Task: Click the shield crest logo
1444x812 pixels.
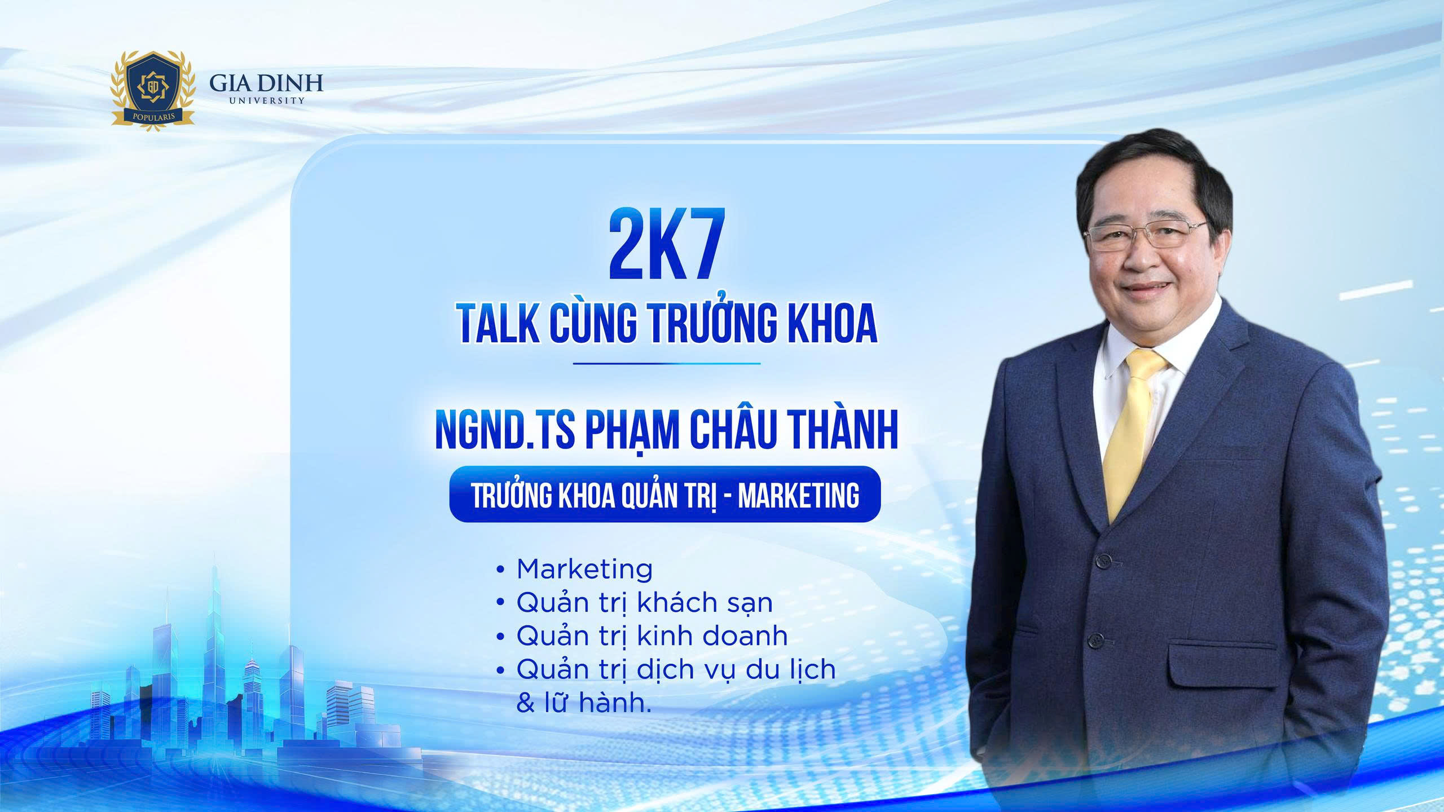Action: pyautogui.click(x=153, y=90)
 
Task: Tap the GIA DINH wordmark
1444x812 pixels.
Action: pyautogui.click(x=266, y=82)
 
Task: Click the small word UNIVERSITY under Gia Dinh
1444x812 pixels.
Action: pyautogui.click(x=267, y=100)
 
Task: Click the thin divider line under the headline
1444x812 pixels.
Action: pyautogui.click(x=667, y=363)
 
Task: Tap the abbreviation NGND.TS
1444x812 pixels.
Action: pyautogui.click(x=505, y=432)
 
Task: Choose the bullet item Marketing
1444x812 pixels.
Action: pyautogui.click(x=584, y=569)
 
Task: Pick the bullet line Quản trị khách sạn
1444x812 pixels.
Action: pyautogui.click(x=644, y=603)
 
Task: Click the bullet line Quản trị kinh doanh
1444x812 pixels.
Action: pyautogui.click(x=652, y=636)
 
